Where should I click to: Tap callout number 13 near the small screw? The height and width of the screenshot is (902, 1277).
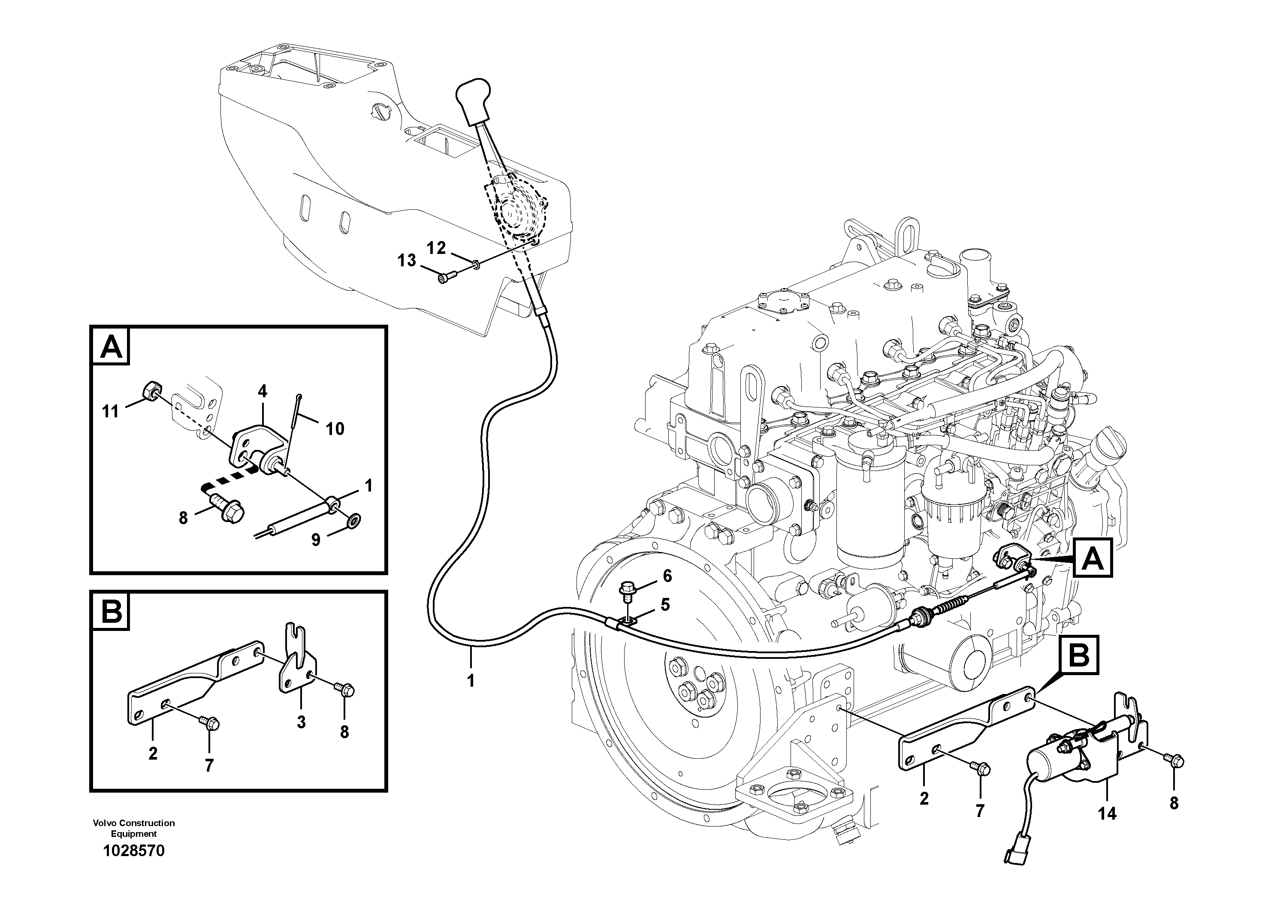tap(407, 260)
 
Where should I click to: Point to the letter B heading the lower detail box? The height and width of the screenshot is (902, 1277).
tap(111, 613)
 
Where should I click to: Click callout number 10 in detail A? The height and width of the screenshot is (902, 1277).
tap(335, 429)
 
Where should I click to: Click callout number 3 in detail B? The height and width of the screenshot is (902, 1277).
tap(301, 722)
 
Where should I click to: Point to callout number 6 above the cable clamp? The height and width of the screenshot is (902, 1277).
tap(667, 576)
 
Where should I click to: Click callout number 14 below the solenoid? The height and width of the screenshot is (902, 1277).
tap(1107, 814)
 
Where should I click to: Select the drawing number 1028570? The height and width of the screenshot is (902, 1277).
tap(134, 851)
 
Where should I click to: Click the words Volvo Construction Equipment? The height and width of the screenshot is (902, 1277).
tap(134, 828)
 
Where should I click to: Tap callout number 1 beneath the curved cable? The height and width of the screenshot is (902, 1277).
tap(471, 681)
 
